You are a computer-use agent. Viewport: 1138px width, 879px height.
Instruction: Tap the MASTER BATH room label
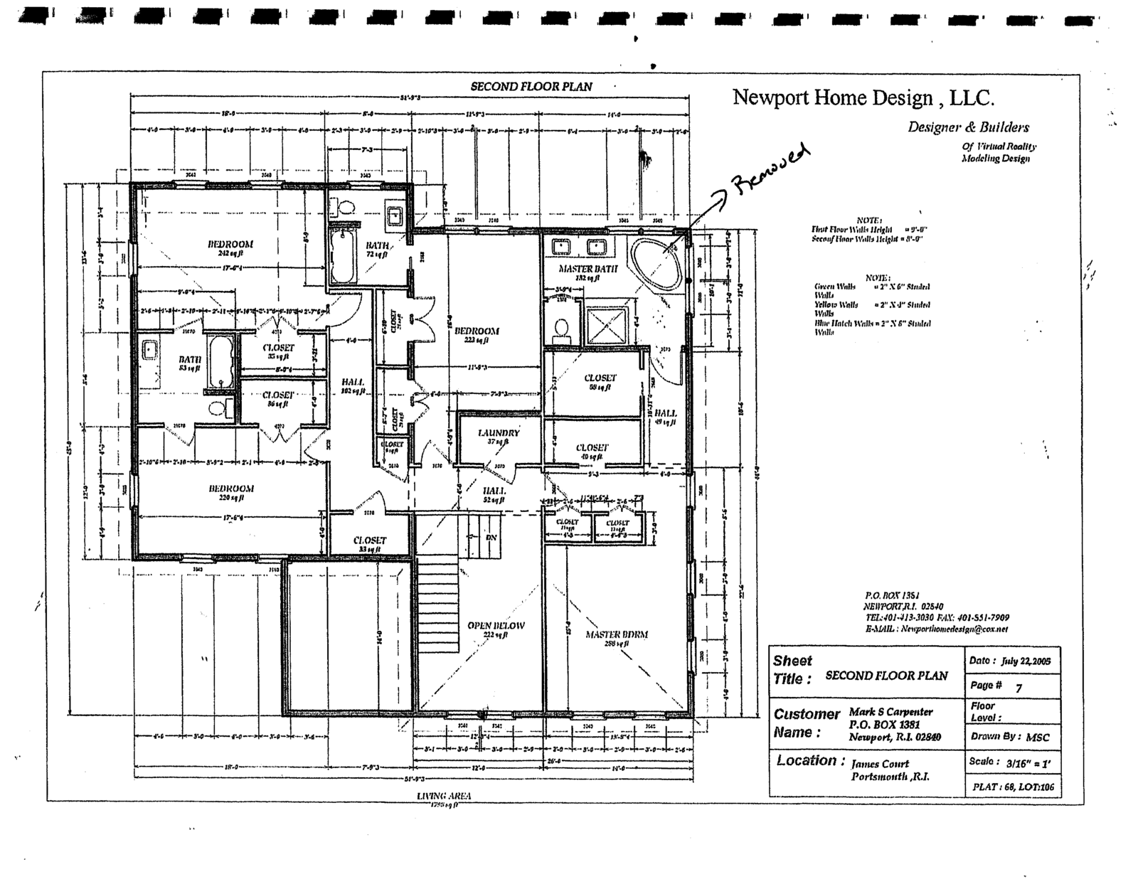point(587,269)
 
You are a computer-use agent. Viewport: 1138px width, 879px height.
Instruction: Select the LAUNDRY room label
point(499,432)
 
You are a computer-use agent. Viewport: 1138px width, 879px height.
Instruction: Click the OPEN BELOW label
point(496,626)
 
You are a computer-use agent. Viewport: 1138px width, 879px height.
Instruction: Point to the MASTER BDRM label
point(617,634)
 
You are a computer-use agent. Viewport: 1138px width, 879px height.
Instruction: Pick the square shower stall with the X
point(606,325)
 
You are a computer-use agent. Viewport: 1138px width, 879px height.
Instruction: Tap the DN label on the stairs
point(491,538)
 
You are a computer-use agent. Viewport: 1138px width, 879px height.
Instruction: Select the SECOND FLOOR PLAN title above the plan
point(531,87)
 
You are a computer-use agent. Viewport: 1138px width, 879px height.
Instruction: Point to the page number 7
point(1019,688)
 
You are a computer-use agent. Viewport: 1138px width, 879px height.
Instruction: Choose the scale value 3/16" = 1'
point(1027,762)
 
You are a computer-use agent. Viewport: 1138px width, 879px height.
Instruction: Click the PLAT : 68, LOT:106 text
point(1013,787)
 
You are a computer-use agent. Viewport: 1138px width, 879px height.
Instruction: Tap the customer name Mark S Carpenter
point(890,712)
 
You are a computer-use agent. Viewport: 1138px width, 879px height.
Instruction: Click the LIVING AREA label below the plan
point(444,796)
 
